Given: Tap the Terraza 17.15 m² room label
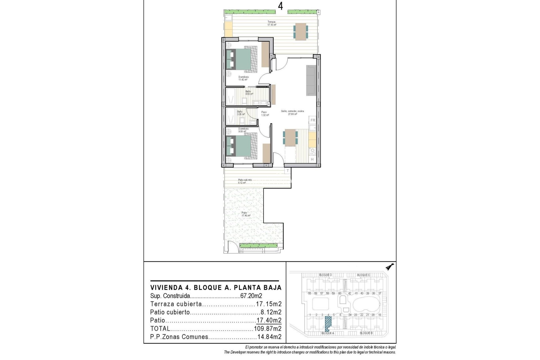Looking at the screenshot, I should pyautogui.click(x=271, y=23).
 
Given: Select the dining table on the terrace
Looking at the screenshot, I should pyautogui.click(x=300, y=31).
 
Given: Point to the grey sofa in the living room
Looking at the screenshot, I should pyautogui.click(x=311, y=80).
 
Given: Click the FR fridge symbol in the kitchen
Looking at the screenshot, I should pyautogui.click(x=312, y=120).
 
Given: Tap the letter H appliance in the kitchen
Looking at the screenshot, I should pyautogui.click(x=312, y=159).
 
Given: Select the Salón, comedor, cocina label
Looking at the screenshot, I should pyautogui.click(x=292, y=112).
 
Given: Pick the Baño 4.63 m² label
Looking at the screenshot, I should pyautogui.click(x=249, y=93).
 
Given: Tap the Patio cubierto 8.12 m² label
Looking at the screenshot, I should pyautogui.click(x=245, y=181).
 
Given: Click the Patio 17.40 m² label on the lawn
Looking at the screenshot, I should pyautogui.click(x=246, y=214).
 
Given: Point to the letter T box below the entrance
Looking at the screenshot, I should pyautogui.click(x=287, y=171).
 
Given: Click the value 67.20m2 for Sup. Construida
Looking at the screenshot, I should pyautogui.click(x=251, y=296).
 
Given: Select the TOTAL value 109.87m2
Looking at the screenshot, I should pyautogui.click(x=267, y=328).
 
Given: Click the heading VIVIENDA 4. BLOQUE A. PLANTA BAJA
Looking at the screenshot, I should pyautogui.click(x=216, y=288).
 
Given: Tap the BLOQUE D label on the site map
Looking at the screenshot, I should pyautogui.click(x=325, y=275).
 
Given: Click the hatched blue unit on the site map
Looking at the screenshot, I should pyautogui.click(x=328, y=324).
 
